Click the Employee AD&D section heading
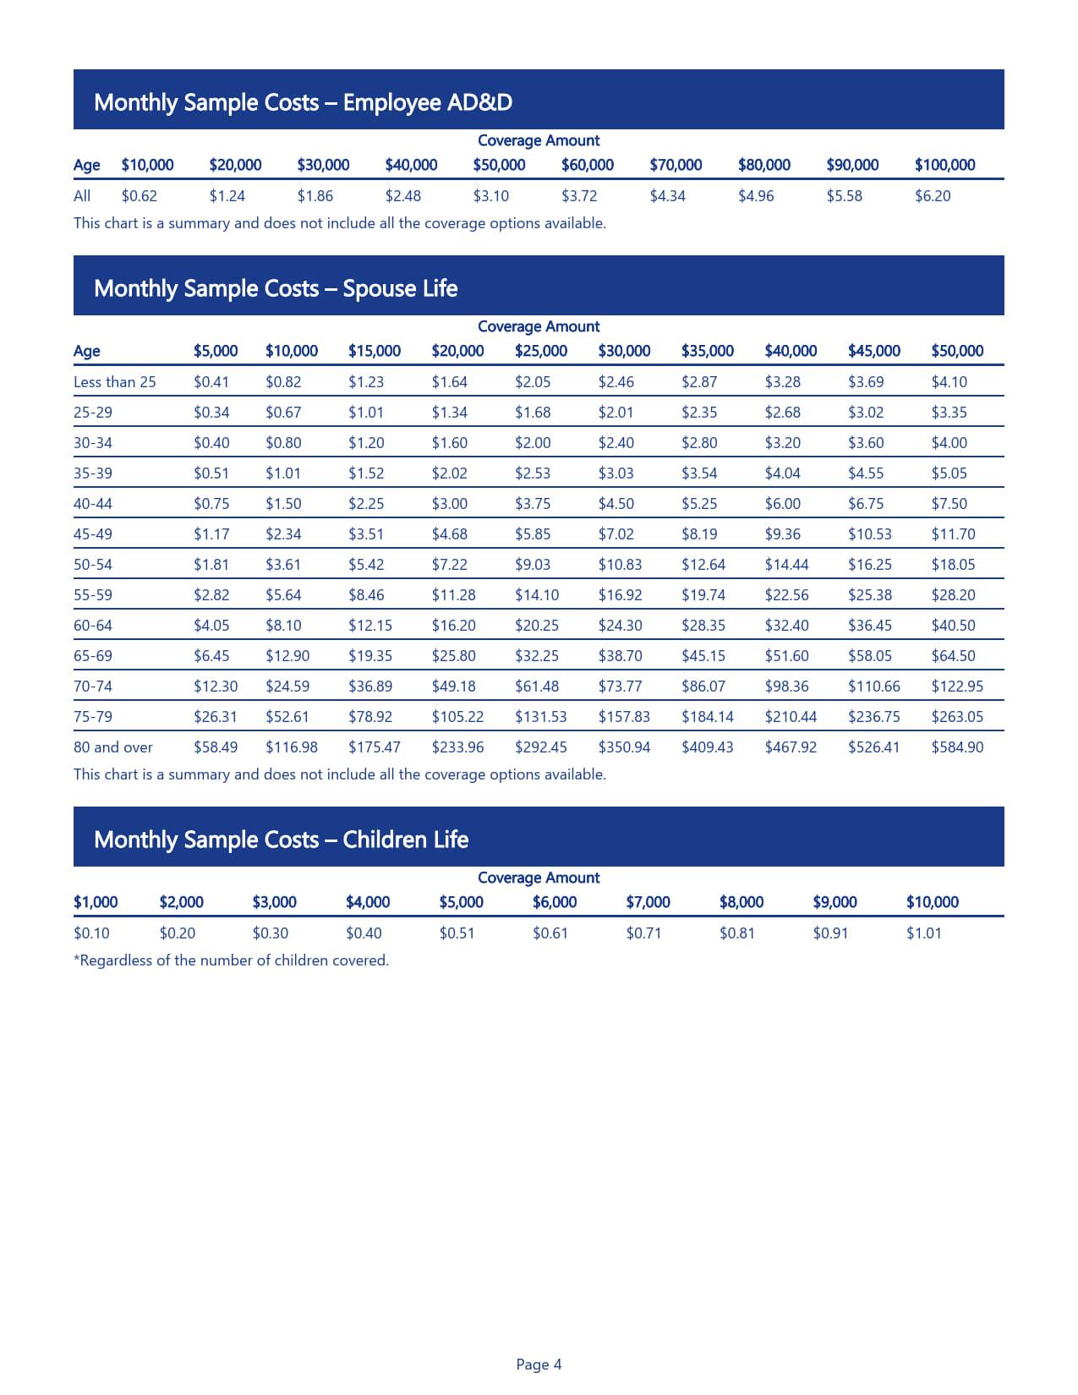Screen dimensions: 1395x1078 (303, 102)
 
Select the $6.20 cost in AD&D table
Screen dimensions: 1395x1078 (932, 196)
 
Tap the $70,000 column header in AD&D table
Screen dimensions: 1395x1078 (675, 165)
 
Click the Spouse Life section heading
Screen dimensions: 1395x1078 (276, 288)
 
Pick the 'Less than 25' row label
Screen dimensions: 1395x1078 (114, 382)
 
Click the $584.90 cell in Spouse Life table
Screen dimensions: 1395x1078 (956, 747)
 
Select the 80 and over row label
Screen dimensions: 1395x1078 (113, 747)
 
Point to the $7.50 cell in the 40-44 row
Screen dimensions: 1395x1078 (949, 504)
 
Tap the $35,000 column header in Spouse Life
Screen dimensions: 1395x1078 (707, 351)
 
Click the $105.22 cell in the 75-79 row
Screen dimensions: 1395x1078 (457, 717)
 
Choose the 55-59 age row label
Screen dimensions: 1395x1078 (93, 595)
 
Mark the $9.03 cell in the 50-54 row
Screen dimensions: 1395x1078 (532, 565)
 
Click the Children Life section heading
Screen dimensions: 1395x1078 (281, 840)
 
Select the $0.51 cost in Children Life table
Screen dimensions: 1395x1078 (457, 933)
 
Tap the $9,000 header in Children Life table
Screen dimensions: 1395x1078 (834, 902)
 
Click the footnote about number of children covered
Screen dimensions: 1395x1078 (231, 960)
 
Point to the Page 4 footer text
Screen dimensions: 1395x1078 (539, 1365)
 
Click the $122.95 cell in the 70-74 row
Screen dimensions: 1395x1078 (956, 687)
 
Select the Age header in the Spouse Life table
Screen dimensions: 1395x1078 (86, 351)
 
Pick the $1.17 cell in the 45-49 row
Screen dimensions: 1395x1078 (211, 534)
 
